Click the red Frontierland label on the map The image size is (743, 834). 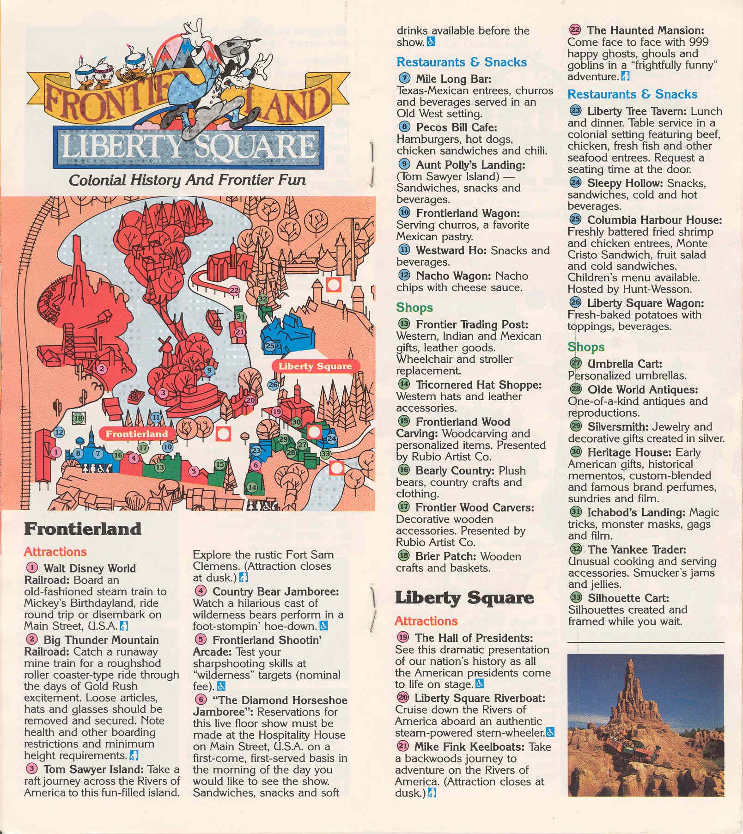coord(136,434)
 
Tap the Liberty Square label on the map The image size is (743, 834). coord(315,366)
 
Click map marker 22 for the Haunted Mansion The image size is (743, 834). coord(234,291)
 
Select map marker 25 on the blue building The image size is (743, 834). coord(270,346)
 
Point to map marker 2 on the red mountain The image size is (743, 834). coord(102,369)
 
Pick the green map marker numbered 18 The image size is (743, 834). coord(78,419)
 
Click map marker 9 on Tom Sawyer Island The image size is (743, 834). coord(209,370)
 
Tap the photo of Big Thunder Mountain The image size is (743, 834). coord(646,725)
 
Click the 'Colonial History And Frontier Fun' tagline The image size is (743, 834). coord(187,180)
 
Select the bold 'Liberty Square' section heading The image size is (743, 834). coord(464,597)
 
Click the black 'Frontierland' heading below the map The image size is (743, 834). coord(83,529)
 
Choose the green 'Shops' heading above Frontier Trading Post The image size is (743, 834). coord(414,307)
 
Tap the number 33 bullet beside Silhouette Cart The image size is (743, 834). coord(576,598)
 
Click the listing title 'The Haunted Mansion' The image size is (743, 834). coord(646,30)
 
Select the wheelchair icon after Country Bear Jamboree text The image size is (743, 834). coord(324,626)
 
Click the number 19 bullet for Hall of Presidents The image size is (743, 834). coord(403,638)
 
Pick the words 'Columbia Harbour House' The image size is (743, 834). coord(654,220)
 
